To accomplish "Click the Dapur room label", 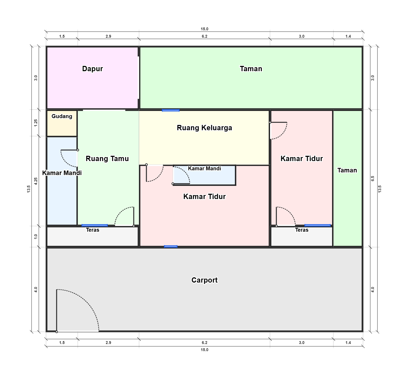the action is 92,69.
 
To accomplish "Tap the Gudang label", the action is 62,116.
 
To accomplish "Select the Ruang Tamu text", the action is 107,159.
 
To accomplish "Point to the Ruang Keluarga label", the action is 204,128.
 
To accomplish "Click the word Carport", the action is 204,280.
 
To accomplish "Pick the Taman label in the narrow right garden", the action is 347,170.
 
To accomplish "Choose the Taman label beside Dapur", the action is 251,69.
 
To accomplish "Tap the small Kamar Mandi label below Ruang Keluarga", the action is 204,168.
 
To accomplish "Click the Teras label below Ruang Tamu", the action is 93,230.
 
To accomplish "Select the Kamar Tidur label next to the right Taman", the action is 302,159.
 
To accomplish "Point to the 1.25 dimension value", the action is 36,123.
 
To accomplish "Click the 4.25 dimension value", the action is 36,181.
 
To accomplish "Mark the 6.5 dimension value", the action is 373,178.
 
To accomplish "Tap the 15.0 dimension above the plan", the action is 204,29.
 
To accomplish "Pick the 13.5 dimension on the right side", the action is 380,189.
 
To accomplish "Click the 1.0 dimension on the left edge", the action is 36,236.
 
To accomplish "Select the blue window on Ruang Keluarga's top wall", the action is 171,110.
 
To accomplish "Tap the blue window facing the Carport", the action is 171,246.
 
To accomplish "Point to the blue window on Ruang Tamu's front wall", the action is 95,225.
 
